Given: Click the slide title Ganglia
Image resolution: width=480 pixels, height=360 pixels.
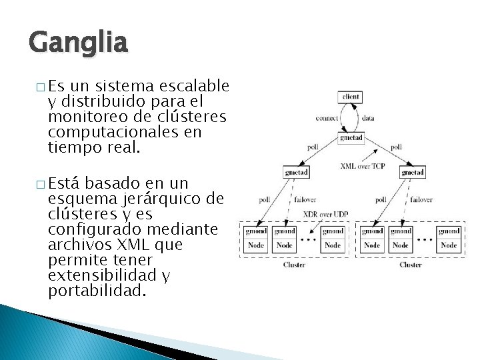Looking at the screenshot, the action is pyautogui.click(x=78, y=43).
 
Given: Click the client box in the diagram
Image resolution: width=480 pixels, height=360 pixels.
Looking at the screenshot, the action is pyautogui.click(x=350, y=97).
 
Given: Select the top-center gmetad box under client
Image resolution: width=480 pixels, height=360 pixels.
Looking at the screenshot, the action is pyautogui.click(x=351, y=138).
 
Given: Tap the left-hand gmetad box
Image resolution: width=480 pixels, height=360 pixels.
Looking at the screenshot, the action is pyautogui.click(x=295, y=172).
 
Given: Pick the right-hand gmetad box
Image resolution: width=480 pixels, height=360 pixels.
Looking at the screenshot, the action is pyautogui.click(x=413, y=172).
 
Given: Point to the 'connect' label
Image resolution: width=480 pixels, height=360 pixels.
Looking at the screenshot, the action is pyautogui.click(x=326, y=118).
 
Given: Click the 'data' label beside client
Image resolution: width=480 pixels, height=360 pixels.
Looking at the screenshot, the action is pyautogui.click(x=368, y=118).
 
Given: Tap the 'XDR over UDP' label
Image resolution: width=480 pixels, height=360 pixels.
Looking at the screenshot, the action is pyautogui.click(x=325, y=214).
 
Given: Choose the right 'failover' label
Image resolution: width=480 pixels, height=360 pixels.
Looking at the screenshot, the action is pyautogui.click(x=421, y=199).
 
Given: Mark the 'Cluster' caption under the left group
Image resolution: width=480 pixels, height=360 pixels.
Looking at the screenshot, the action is pyautogui.click(x=294, y=265).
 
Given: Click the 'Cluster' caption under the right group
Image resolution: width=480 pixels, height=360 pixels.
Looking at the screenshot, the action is pyautogui.click(x=410, y=265).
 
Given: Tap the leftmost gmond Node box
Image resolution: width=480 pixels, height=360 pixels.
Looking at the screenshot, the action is pyautogui.click(x=255, y=238).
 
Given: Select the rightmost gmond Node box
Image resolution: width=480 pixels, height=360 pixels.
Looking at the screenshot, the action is pyautogui.click(x=449, y=238).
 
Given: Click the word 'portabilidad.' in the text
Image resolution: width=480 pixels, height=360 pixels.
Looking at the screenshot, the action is pyautogui.click(x=96, y=290).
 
